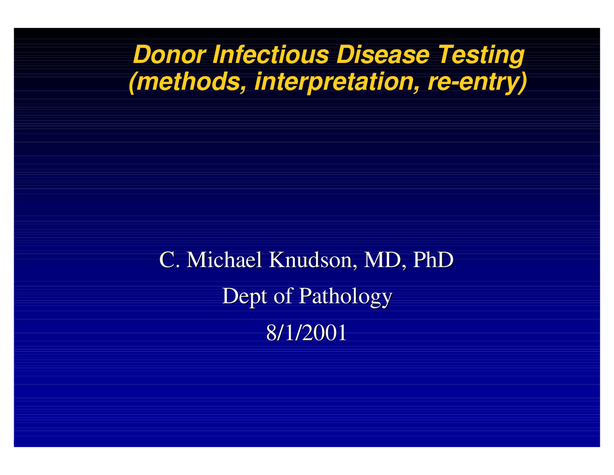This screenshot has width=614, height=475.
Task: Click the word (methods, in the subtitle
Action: (x=188, y=82)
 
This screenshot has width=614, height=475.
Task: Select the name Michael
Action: (x=224, y=260)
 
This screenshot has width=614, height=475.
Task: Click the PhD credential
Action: (x=433, y=260)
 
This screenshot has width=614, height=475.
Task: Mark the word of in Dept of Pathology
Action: (x=283, y=296)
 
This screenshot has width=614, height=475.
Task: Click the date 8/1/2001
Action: (x=307, y=333)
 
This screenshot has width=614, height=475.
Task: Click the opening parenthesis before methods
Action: (x=133, y=82)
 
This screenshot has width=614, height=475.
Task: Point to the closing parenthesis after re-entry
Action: (x=522, y=82)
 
